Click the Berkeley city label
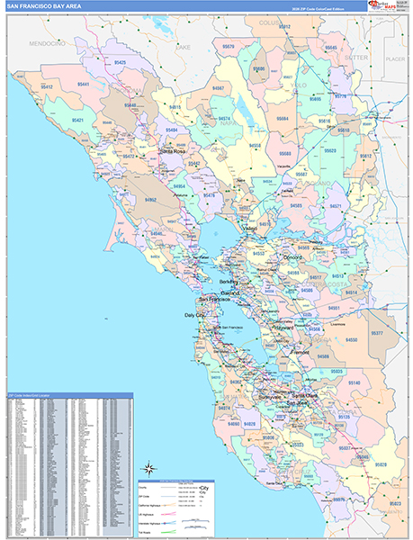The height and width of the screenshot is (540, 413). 220,281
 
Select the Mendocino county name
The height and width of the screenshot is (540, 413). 49,42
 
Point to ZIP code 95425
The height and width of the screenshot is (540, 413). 120,62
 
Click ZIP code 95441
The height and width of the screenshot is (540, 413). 84,84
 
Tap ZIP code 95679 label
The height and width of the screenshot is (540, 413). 228,45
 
